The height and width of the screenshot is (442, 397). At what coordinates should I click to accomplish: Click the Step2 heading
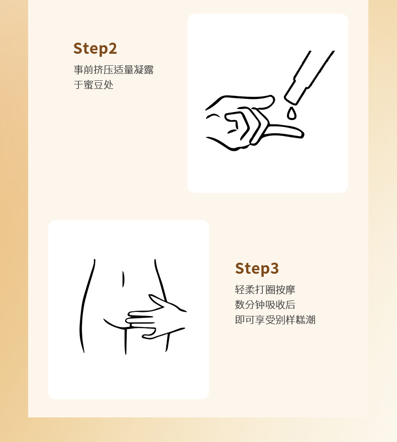click(x=95, y=49)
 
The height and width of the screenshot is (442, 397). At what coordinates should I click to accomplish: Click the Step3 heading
click(x=257, y=268)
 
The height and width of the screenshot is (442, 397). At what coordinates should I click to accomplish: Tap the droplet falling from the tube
click(x=292, y=114)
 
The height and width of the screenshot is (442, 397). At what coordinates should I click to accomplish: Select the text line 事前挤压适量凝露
click(x=114, y=70)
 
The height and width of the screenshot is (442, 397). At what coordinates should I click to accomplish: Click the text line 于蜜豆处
click(x=93, y=84)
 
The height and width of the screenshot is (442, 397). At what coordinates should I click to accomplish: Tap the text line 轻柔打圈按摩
click(x=265, y=289)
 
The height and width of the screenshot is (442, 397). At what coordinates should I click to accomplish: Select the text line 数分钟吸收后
click(x=265, y=305)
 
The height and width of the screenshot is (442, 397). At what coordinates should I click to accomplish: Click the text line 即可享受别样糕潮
click(x=275, y=320)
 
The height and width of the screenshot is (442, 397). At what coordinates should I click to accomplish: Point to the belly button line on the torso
click(x=123, y=279)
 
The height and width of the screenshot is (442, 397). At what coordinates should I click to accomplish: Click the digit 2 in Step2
click(x=113, y=49)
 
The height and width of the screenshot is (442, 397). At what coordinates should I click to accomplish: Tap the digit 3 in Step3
click(x=274, y=268)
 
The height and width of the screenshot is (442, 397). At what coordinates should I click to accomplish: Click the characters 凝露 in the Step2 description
click(x=144, y=70)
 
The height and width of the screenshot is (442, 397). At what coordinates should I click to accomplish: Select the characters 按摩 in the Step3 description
click(x=285, y=289)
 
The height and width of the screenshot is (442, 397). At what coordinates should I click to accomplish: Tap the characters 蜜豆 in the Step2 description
click(x=93, y=84)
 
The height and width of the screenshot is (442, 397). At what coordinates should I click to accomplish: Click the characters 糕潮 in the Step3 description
click(x=306, y=320)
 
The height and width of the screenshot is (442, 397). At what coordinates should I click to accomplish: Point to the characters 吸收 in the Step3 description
click(x=275, y=305)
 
